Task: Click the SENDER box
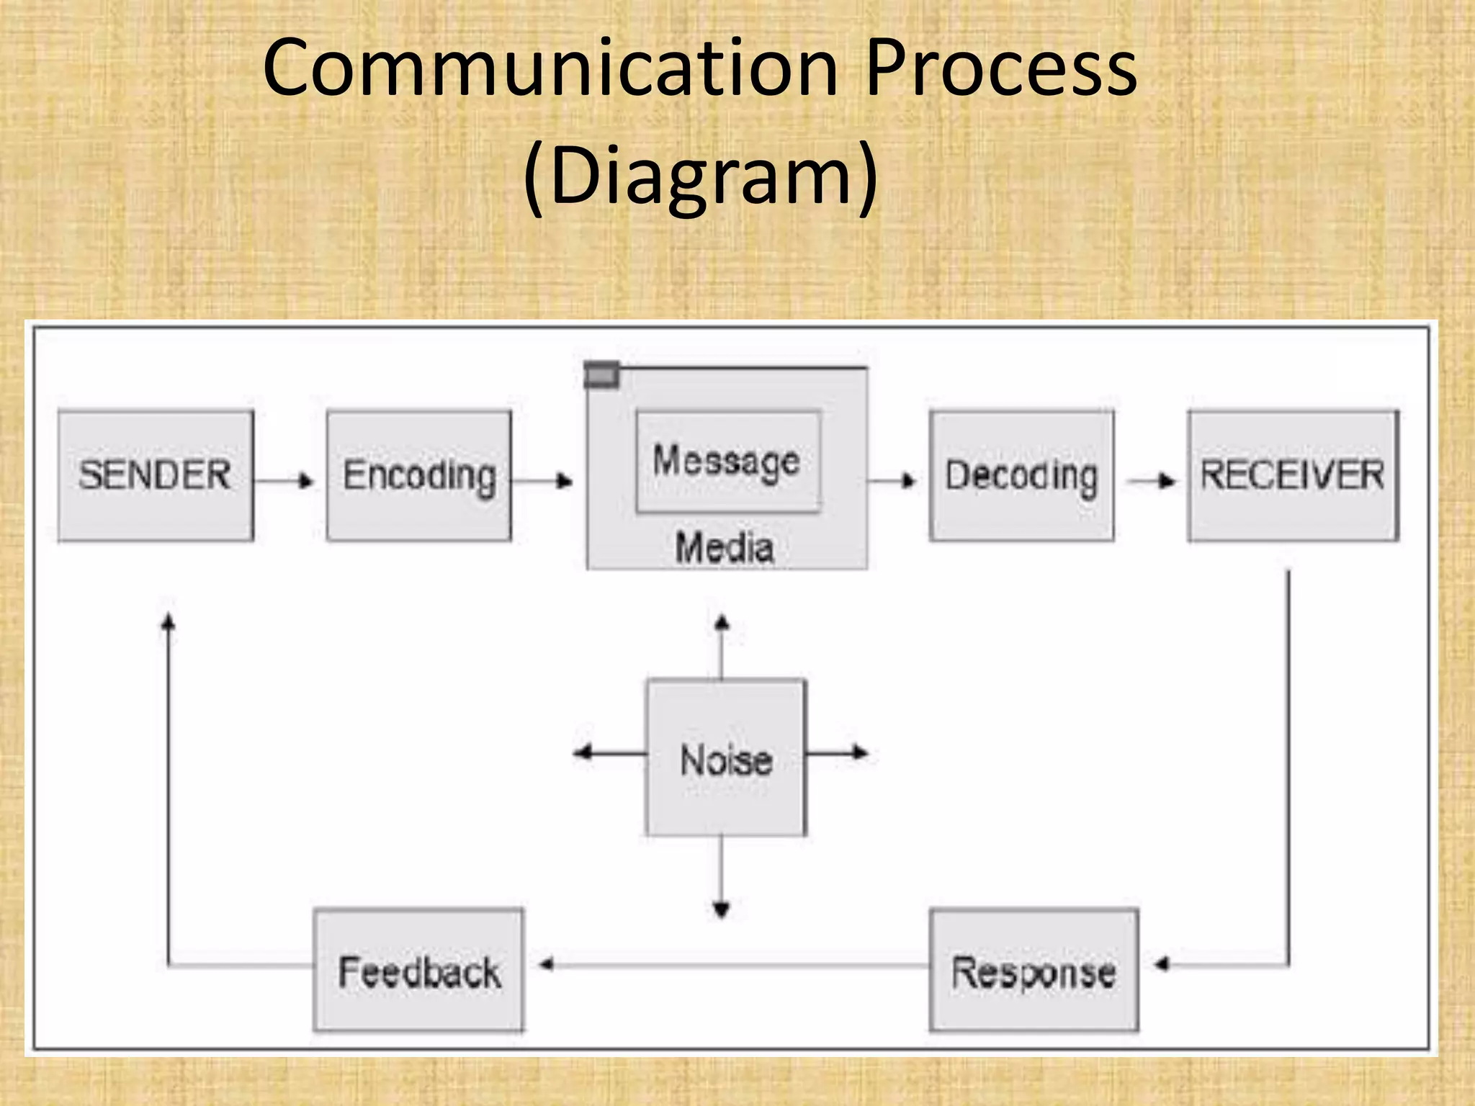[156, 475]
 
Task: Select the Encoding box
[419, 475]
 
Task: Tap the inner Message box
[727, 461]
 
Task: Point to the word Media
[725, 547]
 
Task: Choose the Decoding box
[1021, 475]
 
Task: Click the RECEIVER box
[1293, 475]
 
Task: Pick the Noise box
[726, 757]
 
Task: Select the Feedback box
[419, 970]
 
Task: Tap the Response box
[1034, 970]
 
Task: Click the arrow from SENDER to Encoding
[285, 480]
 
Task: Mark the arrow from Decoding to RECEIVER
[1152, 480]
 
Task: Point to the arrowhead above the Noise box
[722, 622]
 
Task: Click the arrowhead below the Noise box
[722, 910]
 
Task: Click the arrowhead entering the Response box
[1161, 964]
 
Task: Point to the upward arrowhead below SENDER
[168, 621]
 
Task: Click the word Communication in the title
[550, 69]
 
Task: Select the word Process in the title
[1001, 69]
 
